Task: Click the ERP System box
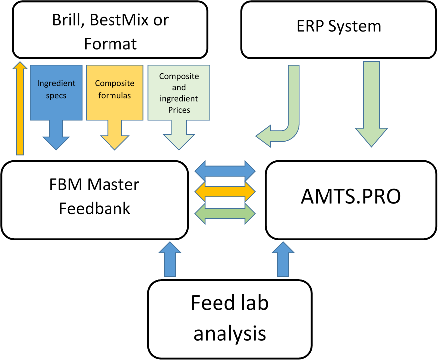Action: pyautogui.click(x=338, y=30)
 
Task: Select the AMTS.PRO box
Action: pyautogui.click(x=351, y=200)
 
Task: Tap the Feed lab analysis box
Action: pyautogui.click(x=229, y=319)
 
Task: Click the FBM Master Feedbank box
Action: pyautogui.click(x=95, y=200)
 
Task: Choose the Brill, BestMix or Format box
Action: pyautogui.click(x=110, y=30)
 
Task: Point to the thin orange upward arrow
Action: pyautogui.click(x=20, y=108)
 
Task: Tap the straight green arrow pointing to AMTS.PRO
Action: pyautogui.click(x=371, y=104)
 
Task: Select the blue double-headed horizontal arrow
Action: pyautogui.click(x=225, y=170)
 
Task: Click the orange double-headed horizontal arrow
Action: pyautogui.click(x=225, y=192)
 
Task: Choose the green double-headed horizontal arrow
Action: pyautogui.click(x=225, y=214)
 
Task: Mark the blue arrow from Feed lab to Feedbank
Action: pyautogui.click(x=170, y=259)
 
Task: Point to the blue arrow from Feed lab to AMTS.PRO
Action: pyautogui.click(x=283, y=259)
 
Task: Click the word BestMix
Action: pyautogui.click(x=119, y=20)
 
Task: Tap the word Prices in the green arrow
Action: pyautogui.click(x=179, y=110)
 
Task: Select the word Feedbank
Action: pyautogui.click(x=95, y=209)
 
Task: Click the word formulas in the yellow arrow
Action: pyautogui.click(x=114, y=95)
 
